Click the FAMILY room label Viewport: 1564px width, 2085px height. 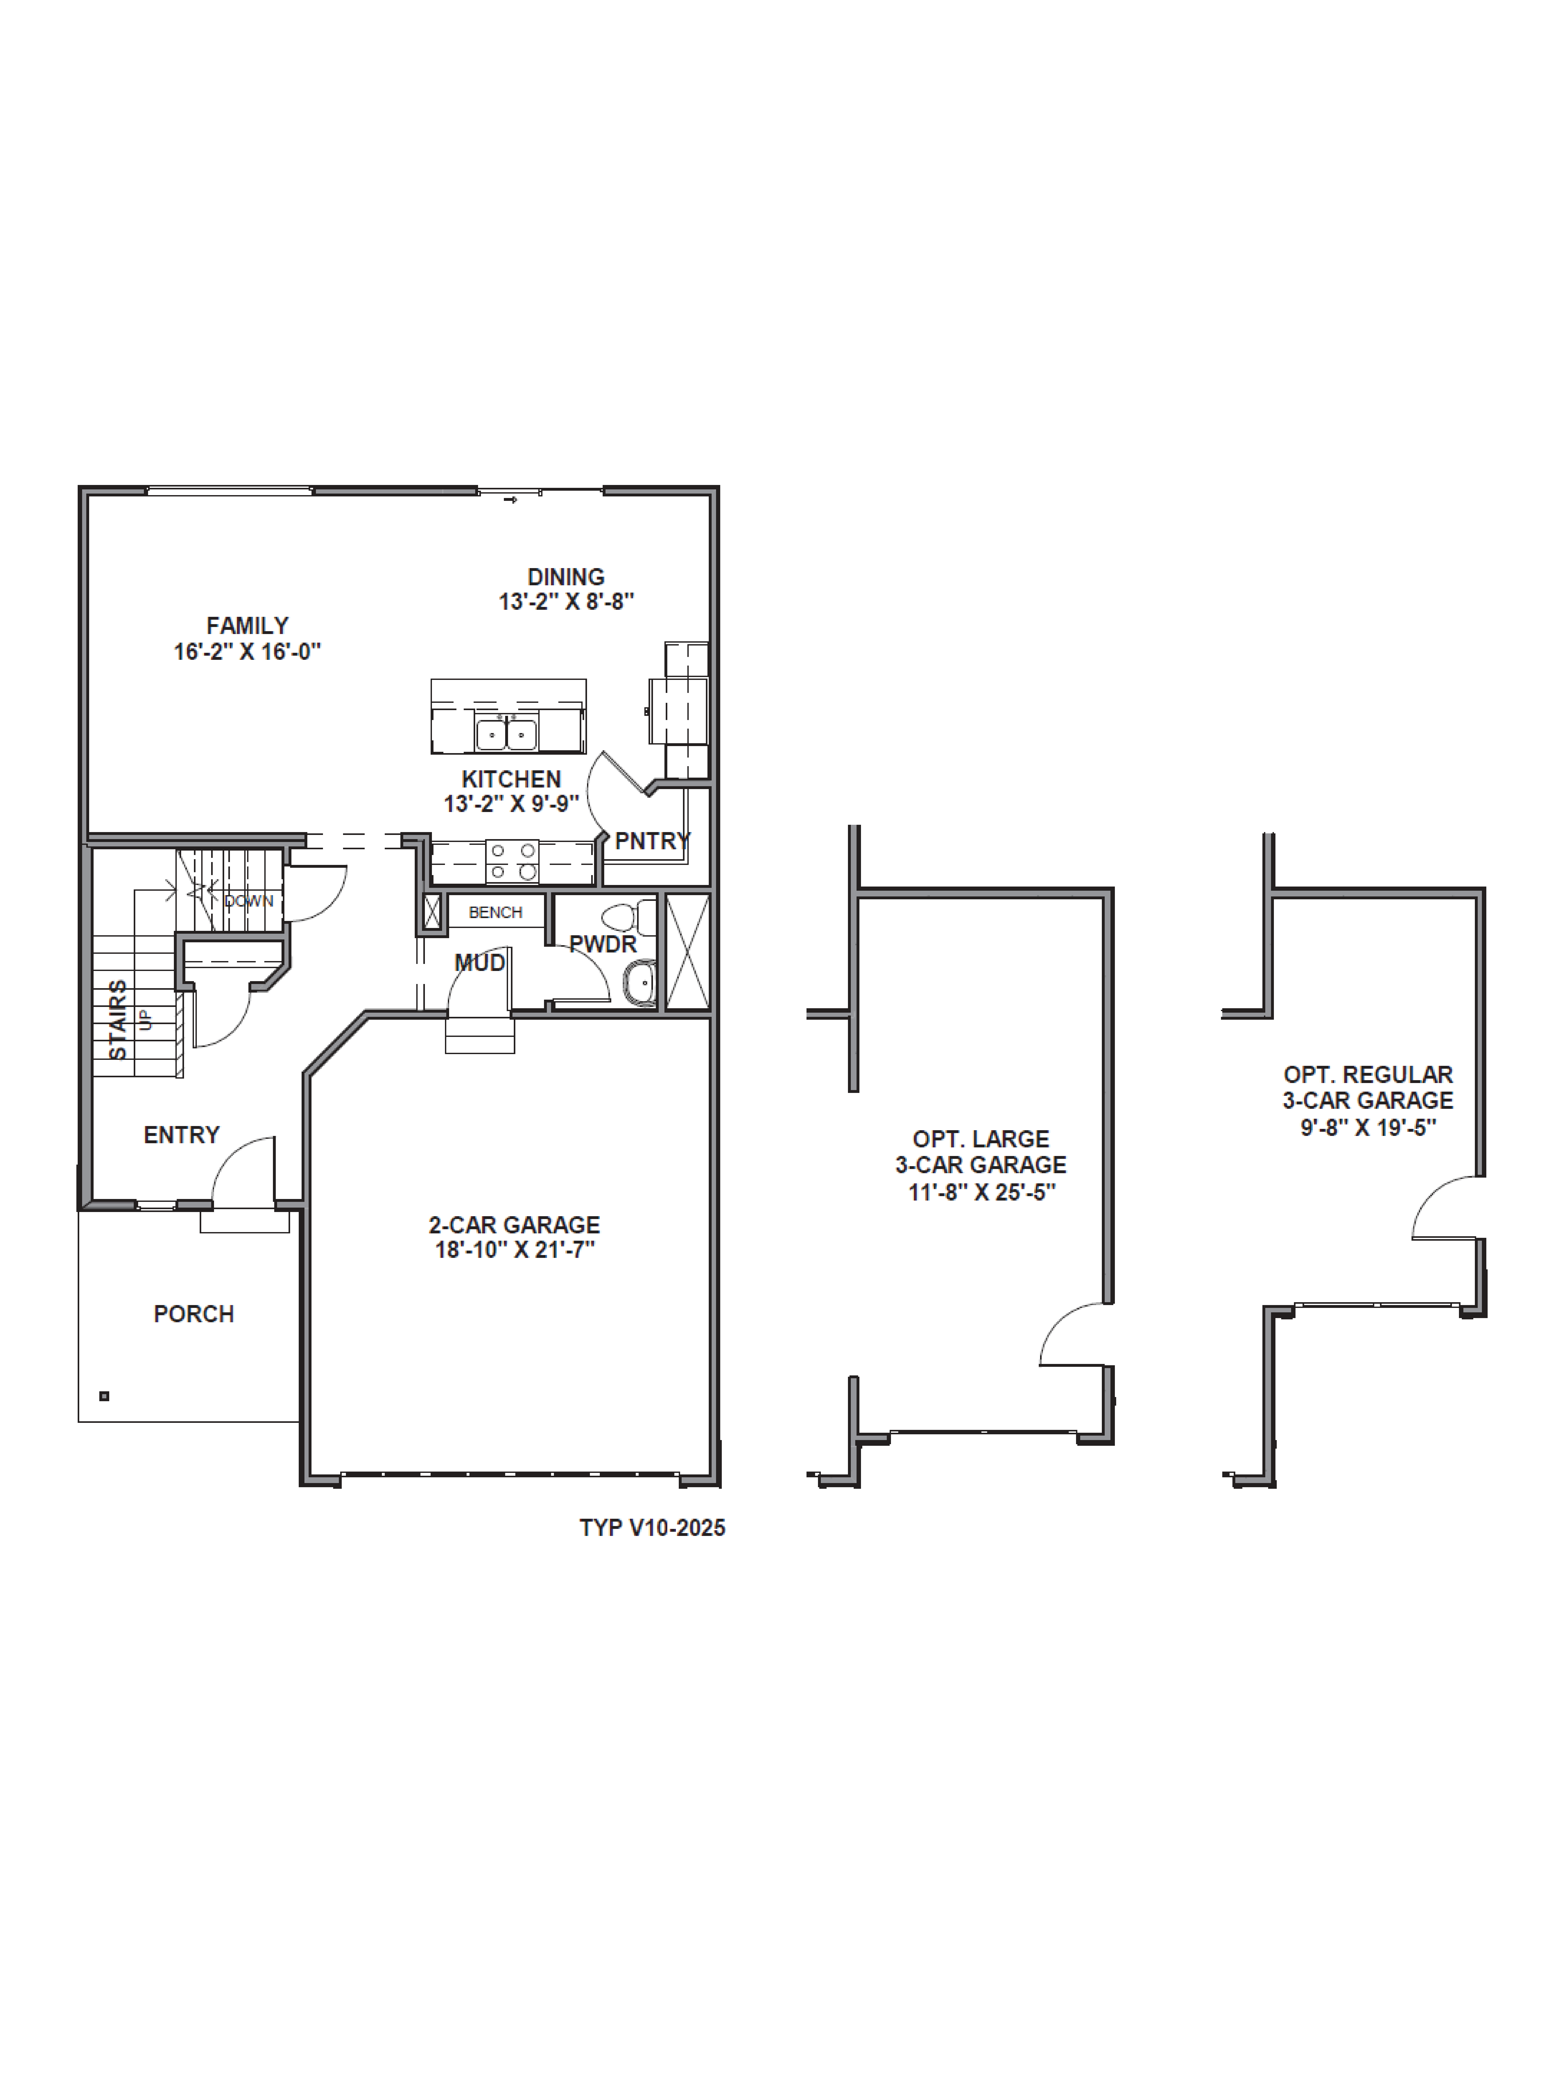coord(247,626)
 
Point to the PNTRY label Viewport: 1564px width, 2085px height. coord(652,841)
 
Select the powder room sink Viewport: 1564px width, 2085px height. coord(641,983)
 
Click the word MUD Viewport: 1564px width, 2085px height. coord(480,962)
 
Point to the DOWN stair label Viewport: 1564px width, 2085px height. coord(249,901)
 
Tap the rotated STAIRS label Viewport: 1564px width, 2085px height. coord(118,1020)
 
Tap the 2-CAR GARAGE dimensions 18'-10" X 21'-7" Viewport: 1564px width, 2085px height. coord(515,1250)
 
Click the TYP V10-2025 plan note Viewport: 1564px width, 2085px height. coord(652,1528)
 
